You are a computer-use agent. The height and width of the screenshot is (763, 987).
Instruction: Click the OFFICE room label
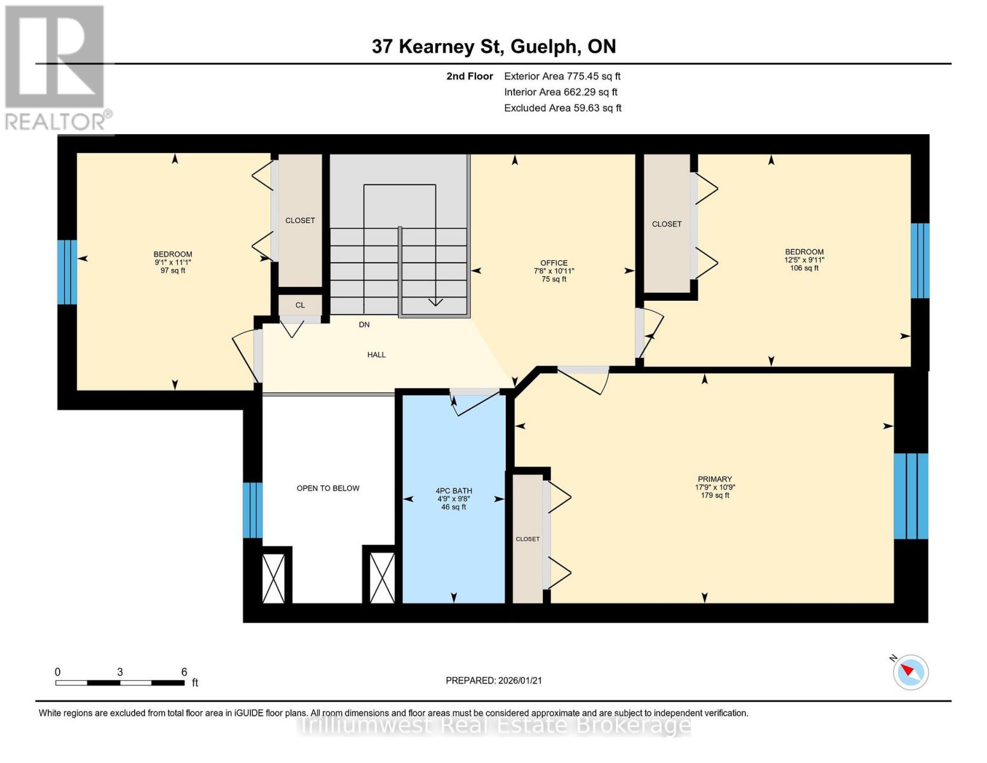[x=554, y=263]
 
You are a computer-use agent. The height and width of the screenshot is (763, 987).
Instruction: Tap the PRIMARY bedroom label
[x=714, y=479]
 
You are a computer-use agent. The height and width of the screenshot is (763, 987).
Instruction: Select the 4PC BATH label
[x=454, y=491]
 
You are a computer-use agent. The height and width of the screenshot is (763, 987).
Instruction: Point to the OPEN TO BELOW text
[x=328, y=488]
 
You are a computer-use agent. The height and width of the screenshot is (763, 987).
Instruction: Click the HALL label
[x=376, y=355]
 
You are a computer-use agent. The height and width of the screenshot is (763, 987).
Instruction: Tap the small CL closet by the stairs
[x=300, y=305]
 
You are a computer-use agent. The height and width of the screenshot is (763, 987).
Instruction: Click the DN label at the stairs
[x=364, y=325]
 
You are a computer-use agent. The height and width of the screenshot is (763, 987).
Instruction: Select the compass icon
[x=910, y=671]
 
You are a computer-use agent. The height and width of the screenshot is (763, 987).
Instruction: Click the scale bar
[x=120, y=683]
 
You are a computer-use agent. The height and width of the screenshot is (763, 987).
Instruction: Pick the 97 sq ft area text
[x=173, y=271]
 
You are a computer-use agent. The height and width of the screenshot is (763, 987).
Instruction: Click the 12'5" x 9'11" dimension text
[x=804, y=260]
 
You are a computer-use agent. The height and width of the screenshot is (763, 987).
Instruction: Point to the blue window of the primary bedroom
[x=911, y=496]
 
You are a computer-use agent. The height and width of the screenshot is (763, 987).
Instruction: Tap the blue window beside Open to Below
[x=252, y=510]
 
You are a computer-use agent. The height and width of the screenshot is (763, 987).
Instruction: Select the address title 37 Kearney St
[x=494, y=46]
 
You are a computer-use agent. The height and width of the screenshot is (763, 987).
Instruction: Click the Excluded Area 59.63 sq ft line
[x=562, y=108]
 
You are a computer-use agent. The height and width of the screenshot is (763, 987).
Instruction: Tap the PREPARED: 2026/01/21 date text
[x=494, y=680]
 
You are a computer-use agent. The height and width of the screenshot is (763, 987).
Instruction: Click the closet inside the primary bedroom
[x=528, y=539]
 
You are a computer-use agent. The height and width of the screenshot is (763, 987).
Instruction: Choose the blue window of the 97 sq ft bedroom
[x=67, y=272]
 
